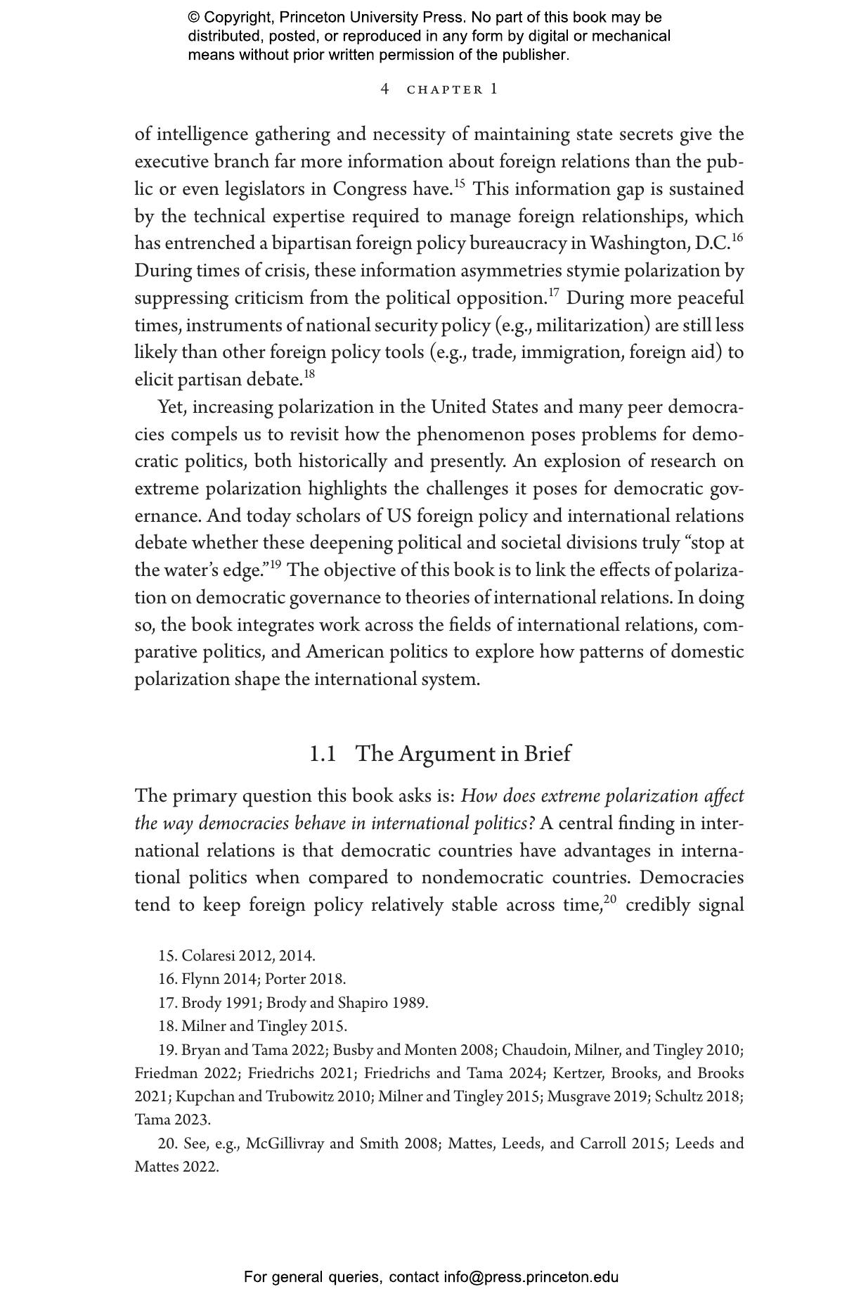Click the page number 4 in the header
pos(384,89)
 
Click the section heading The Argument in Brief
pos(462,754)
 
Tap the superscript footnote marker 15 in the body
pos(459,184)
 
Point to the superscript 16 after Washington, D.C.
pos(737,238)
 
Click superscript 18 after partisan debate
pos(309,374)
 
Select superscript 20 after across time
pos(609,899)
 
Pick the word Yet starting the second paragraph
pos(171,407)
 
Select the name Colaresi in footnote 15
pos(208,956)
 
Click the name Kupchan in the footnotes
pos(201,1096)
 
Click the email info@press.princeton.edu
pos(531,1277)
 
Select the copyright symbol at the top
pos(194,18)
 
